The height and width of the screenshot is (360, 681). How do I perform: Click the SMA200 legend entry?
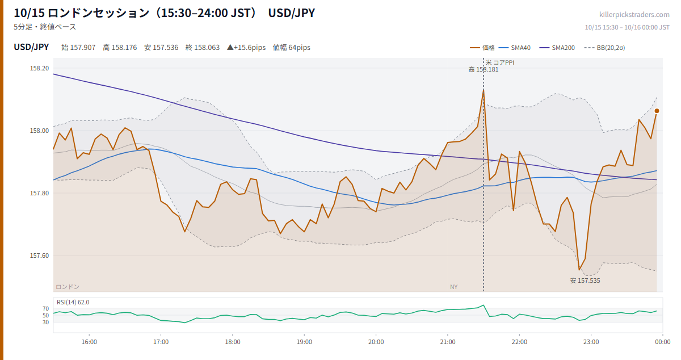click(557, 48)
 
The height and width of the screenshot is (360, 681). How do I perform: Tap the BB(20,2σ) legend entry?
click(604, 48)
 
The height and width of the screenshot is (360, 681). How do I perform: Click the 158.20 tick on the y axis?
click(39, 68)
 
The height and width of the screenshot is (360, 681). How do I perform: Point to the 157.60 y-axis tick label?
click(39, 256)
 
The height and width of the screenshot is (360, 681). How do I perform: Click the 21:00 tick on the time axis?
click(448, 342)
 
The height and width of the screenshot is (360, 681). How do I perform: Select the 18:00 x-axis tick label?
click(233, 342)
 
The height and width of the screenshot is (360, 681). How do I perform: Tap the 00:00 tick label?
click(663, 342)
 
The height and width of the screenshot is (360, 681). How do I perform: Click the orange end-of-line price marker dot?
click(657, 111)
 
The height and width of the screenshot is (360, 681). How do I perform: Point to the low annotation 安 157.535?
click(585, 281)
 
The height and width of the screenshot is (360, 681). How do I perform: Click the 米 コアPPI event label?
click(500, 62)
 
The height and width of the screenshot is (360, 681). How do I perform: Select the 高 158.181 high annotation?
click(484, 69)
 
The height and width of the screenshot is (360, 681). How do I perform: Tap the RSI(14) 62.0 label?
click(73, 302)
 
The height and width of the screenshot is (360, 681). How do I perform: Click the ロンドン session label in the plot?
click(68, 287)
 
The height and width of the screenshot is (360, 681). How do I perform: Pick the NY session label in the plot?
click(453, 287)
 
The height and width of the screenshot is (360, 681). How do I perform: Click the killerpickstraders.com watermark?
click(634, 15)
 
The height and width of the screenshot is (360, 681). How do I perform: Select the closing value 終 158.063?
click(203, 48)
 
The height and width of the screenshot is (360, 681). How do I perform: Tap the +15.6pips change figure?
click(246, 48)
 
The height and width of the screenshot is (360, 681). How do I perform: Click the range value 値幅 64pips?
click(291, 48)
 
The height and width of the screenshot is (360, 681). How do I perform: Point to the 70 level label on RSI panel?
click(45, 308)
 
